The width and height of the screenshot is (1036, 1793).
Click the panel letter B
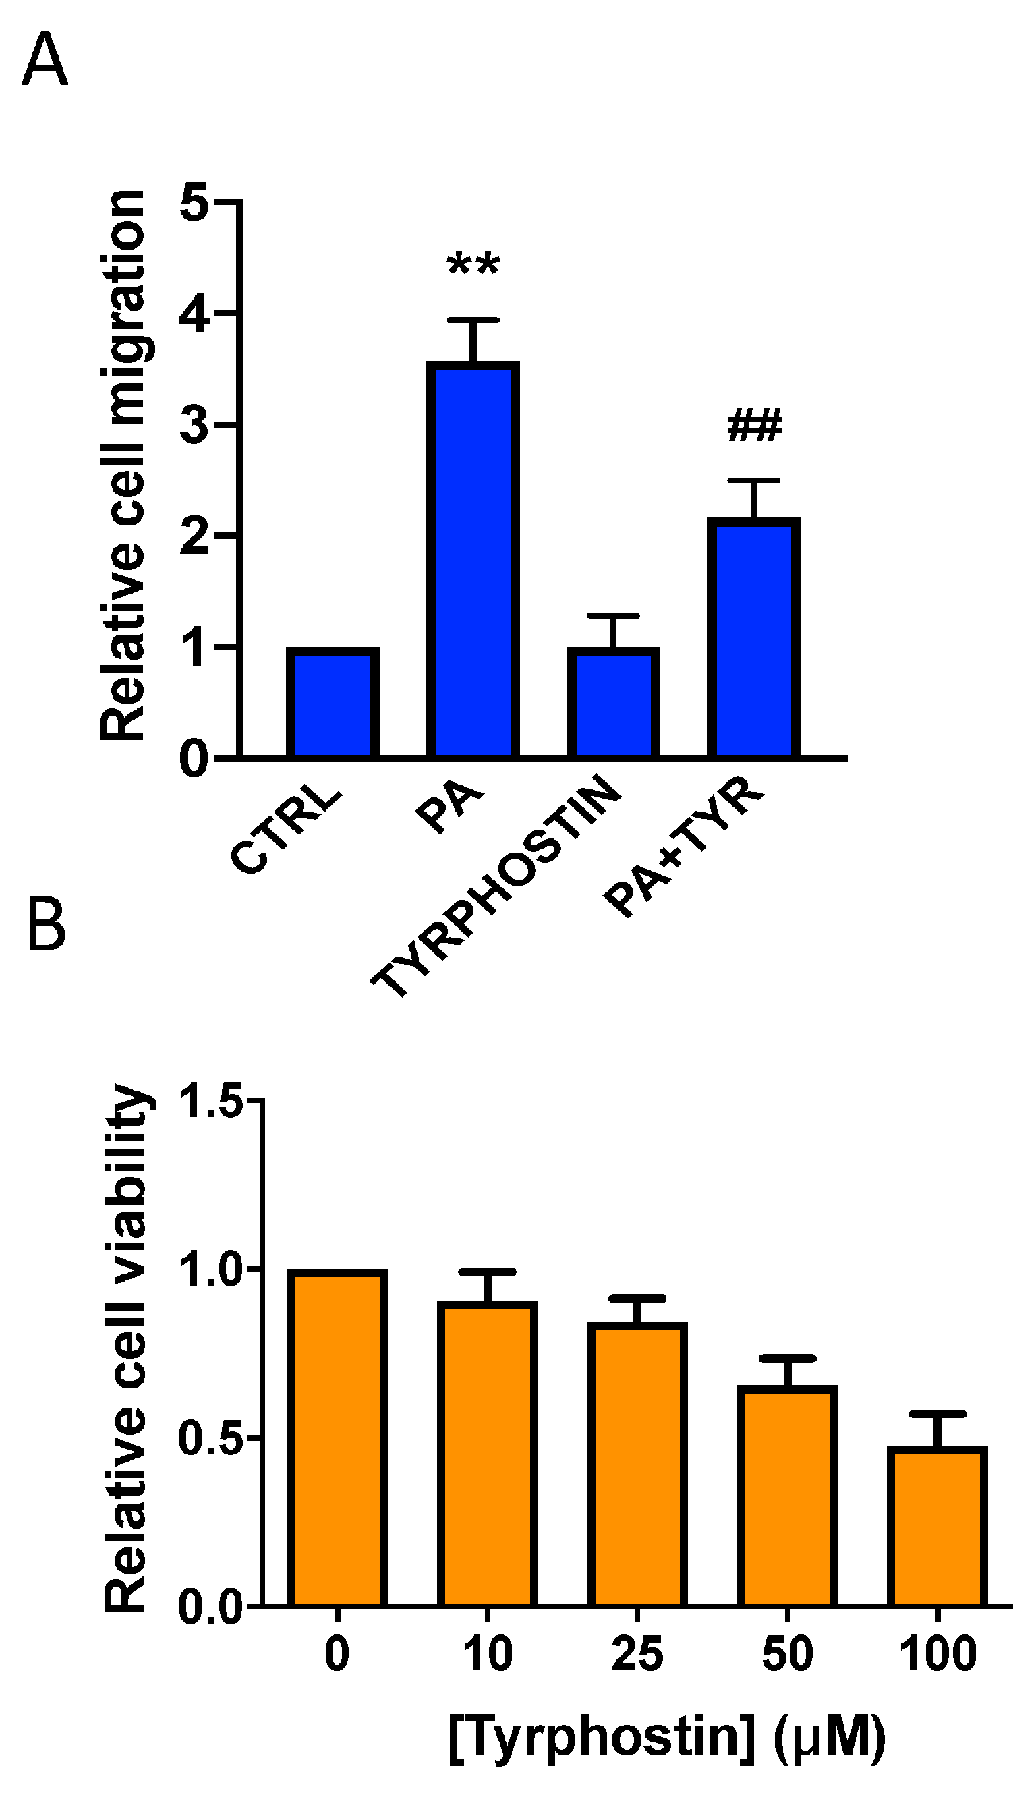point(47,925)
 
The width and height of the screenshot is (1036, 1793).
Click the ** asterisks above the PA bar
point(473,267)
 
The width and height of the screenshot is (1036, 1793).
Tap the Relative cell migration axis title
point(123,466)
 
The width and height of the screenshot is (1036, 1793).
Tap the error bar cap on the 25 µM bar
point(637,1299)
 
